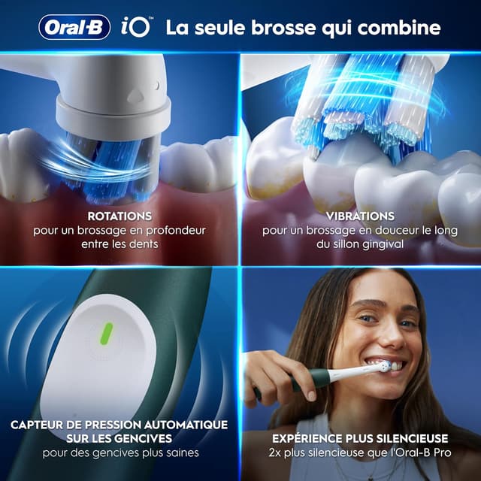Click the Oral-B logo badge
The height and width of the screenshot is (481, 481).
[74, 27]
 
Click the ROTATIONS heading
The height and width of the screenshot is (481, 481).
[119, 216]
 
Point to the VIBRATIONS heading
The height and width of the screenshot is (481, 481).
[360, 216]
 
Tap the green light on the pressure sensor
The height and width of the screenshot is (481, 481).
[107, 331]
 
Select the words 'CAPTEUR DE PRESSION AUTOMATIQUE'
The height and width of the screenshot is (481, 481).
[119, 424]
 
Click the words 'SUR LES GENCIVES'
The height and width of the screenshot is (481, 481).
[119, 438]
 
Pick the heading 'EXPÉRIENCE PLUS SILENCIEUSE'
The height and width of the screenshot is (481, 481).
[360, 438]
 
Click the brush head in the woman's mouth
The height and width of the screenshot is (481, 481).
[384, 367]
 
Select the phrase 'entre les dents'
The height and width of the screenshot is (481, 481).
[119, 245]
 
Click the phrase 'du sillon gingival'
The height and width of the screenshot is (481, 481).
[360, 245]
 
